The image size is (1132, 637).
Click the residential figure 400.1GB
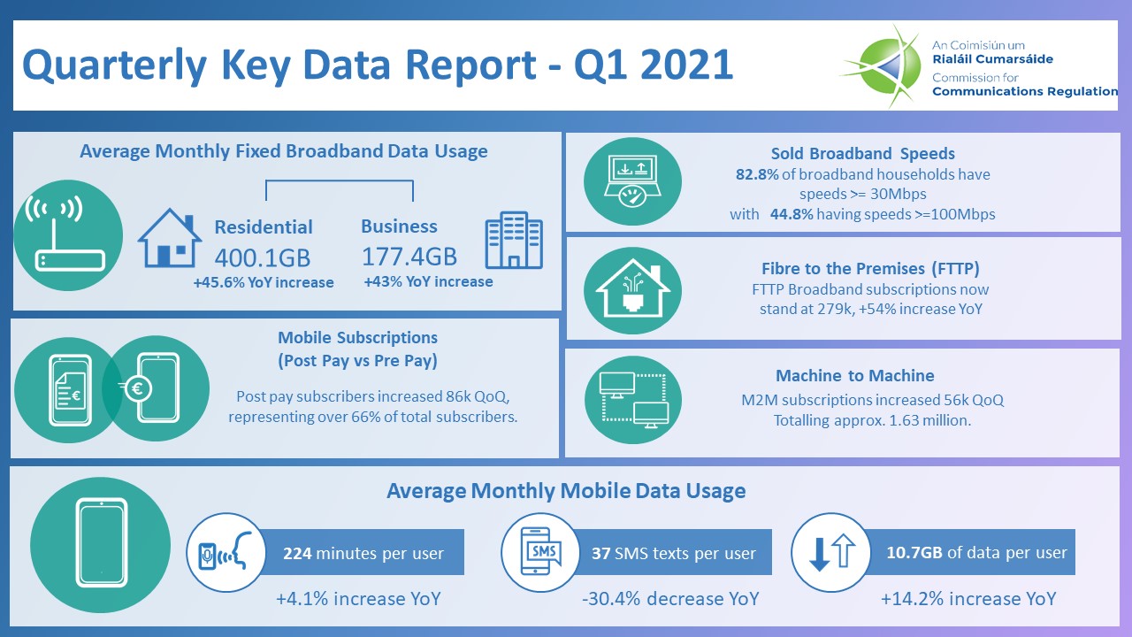click(x=263, y=257)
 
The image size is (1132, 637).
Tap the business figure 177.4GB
click(x=409, y=257)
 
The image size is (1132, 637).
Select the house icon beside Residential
click(x=167, y=239)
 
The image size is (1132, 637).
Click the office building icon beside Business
click(x=514, y=240)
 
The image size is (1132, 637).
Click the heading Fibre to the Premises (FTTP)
click(x=870, y=269)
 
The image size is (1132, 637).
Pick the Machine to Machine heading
click(x=854, y=376)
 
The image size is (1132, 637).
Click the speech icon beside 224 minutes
click(x=222, y=553)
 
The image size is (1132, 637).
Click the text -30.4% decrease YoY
click(x=670, y=599)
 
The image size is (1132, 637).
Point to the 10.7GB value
click(x=914, y=553)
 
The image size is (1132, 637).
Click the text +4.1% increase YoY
click(x=358, y=599)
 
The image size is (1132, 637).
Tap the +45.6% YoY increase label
click(x=264, y=282)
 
